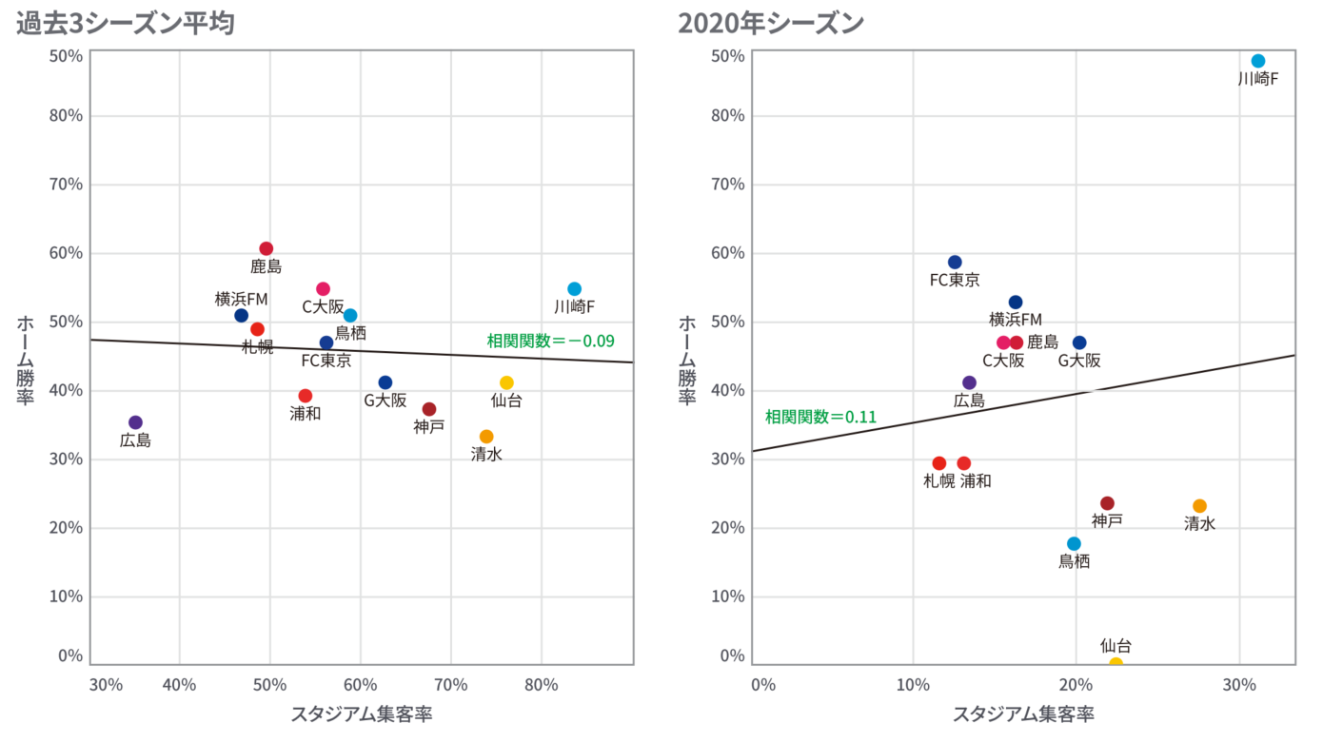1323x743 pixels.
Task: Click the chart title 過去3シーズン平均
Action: coord(126,22)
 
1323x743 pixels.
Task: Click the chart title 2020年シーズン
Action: coord(770,22)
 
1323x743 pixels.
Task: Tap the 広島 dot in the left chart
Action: coord(135,422)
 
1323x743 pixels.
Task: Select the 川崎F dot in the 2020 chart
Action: coord(1257,61)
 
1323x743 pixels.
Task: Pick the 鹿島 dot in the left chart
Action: coord(267,248)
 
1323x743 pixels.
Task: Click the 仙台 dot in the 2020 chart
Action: coord(1116,663)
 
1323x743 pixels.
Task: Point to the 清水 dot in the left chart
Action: coord(486,437)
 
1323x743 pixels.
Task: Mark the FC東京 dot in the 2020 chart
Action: coord(955,263)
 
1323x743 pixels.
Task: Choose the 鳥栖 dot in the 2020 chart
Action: coord(1074,544)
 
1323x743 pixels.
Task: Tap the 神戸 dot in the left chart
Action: coord(429,409)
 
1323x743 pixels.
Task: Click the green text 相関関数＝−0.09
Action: coord(550,341)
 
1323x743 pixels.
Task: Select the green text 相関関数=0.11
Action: coord(820,417)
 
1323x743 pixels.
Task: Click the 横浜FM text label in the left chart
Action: coord(242,299)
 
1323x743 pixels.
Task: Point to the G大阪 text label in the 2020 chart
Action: coord(1079,361)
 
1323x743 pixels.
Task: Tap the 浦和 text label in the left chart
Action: coord(306,414)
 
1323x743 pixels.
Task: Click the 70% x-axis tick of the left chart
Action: coord(451,685)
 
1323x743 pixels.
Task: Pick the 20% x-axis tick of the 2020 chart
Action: coord(1076,685)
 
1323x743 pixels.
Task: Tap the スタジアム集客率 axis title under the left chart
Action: coord(361,714)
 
